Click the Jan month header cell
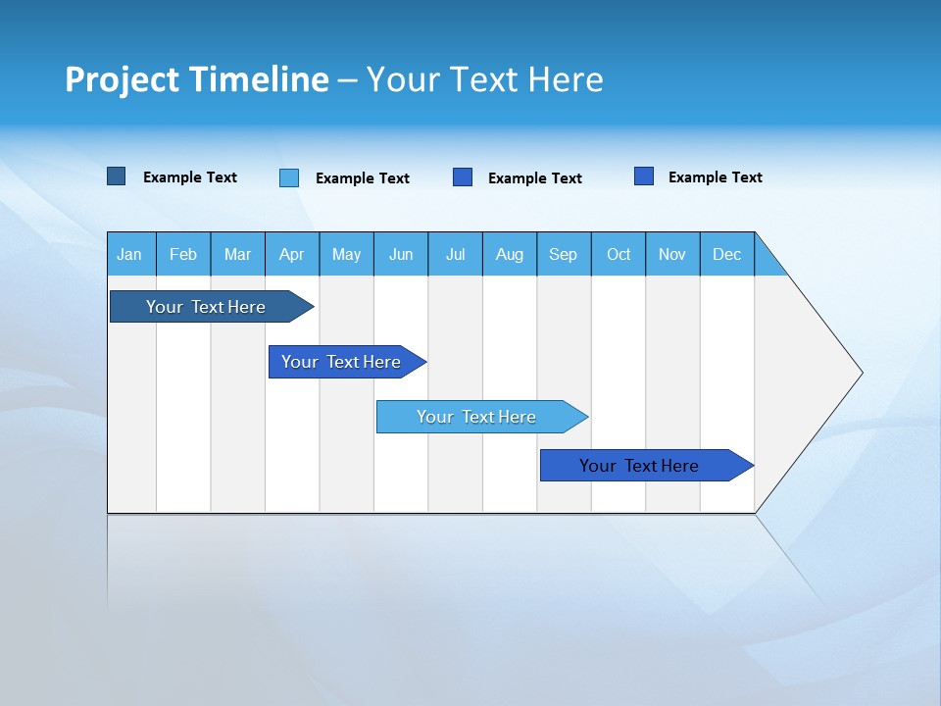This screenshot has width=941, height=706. coord(130,254)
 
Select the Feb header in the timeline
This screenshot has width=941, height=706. coord(183,254)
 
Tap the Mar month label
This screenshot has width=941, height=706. coord(237,254)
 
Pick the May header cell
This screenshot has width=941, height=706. coord(346,254)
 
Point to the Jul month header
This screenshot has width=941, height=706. coord(455,254)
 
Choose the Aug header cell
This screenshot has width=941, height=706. coord(510,254)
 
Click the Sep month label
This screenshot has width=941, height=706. coord(564,254)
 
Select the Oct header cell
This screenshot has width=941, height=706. coord(619,254)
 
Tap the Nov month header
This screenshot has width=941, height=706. coord(672,254)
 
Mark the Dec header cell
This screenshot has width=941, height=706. coord(727,254)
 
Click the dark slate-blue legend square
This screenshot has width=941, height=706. coord(117,176)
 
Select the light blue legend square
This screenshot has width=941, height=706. coord(289,177)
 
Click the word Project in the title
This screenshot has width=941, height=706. coord(122,79)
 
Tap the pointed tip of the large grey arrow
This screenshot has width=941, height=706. coord(859,373)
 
